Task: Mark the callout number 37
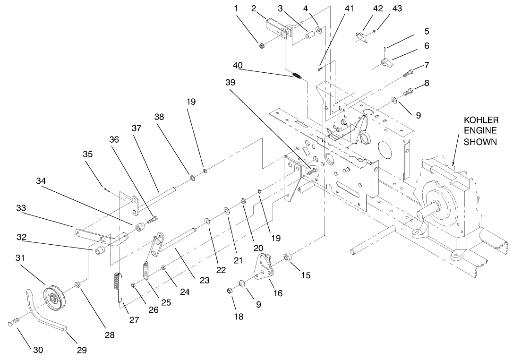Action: coord(137,128)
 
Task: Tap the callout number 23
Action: coord(204,280)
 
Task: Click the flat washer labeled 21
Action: coord(227,209)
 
